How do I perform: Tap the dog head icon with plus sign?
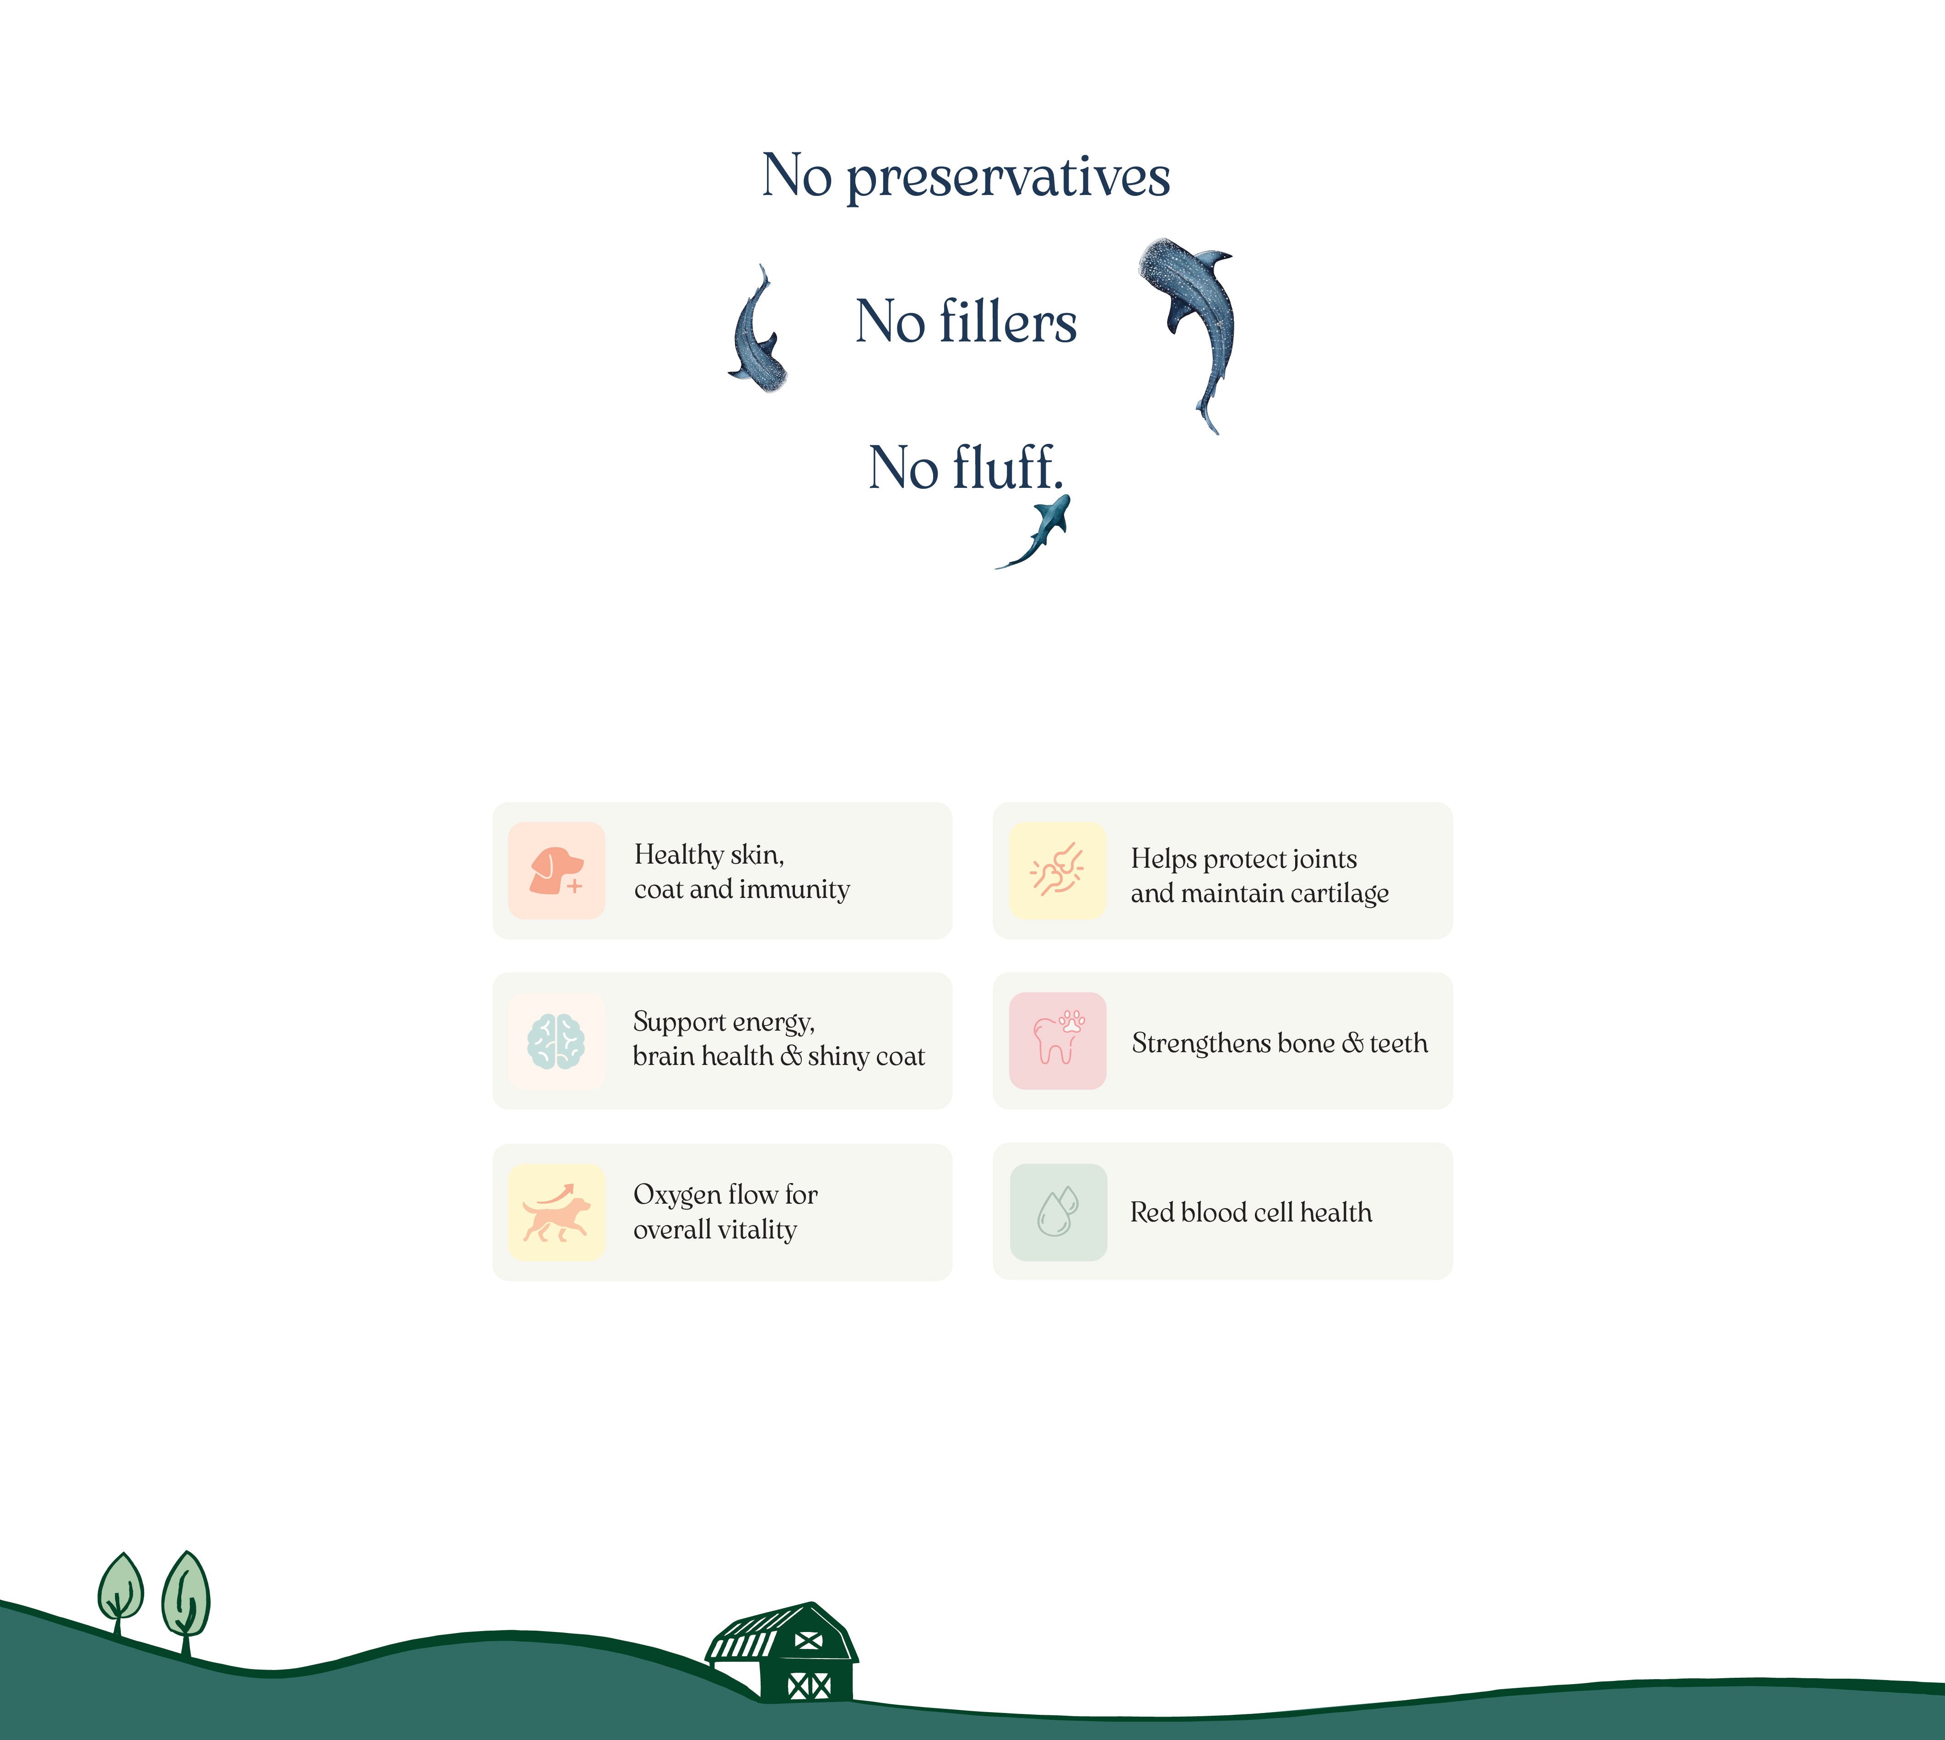[556, 870]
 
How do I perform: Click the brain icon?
[556, 1041]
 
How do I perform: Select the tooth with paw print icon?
[1058, 1039]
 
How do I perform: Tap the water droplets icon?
[1058, 1211]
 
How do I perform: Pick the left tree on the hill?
[120, 1594]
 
